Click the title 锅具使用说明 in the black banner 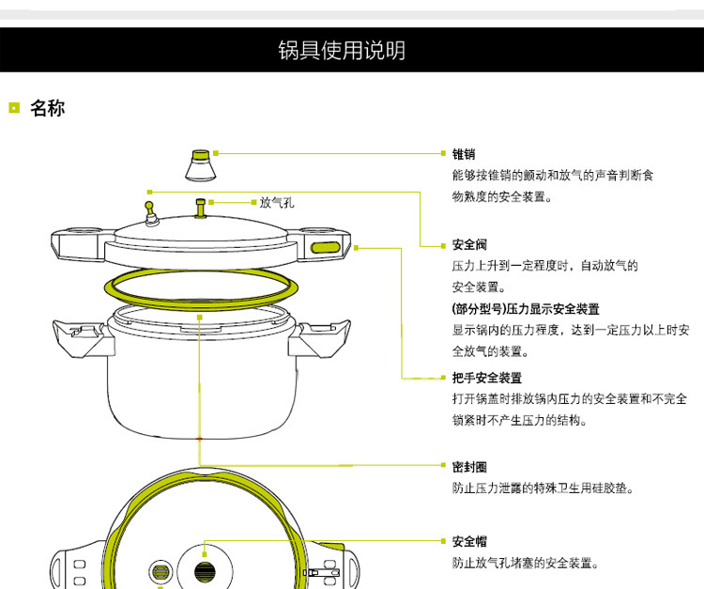pyautogui.click(x=343, y=50)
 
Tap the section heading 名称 pyautogui.click(x=47, y=108)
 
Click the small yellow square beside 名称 pyautogui.click(x=14, y=108)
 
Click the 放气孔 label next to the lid pyautogui.click(x=277, y=201)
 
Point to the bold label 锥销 pyautogui.click(x=464, y=154)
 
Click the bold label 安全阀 pyautogui.click(x=469, y=245)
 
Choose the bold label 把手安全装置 pyautogui.click(x=486, y=378)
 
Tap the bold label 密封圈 pyautogui.click(x=469, y=467)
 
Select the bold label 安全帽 pyautogui.click(x=469, y=542)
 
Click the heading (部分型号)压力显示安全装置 pyautogui.click(x=526, y=308)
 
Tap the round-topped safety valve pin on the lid pyautogui.click(x=149, y=210)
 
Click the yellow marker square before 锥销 pyautogui.click(x=445, y=154)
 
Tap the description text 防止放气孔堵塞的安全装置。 pyautogui.click(x=526, y=564)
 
